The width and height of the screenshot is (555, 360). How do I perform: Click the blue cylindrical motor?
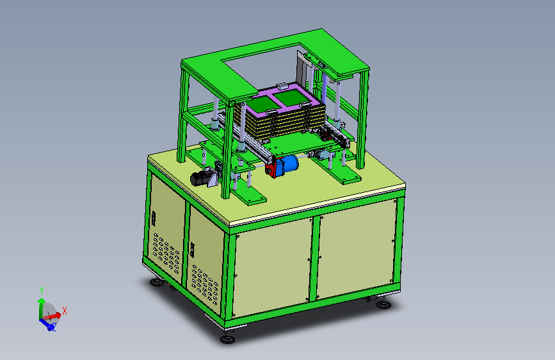(289, 165)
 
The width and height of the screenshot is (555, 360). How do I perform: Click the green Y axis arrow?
(41, 307)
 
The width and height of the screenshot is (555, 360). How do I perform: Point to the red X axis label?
(65, 311)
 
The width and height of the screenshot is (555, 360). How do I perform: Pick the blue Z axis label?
(54, 328)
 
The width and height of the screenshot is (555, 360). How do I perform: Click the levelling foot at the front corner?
(227, 340)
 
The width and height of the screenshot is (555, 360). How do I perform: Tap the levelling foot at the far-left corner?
(157, 282)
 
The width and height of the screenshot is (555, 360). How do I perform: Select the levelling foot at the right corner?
(383, 304)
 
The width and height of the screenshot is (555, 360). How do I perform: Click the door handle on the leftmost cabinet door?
(154, 218)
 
